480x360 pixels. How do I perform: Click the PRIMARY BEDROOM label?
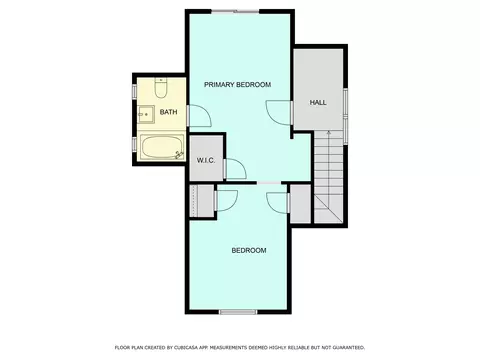coord(237,85)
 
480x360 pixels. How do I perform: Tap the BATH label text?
coord(168,112)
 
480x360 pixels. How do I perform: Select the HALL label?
coord(318,102)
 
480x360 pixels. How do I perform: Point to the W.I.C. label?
coord(206,160)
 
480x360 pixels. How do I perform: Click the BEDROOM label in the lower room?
coord(249,250)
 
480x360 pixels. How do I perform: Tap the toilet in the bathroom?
coord(161,88)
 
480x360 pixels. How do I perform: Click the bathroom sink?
coord(146,114)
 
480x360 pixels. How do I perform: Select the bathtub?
coord(162,147)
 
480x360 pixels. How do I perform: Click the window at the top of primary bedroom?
coord(236,11)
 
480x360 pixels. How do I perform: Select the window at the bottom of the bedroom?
coord(238,312)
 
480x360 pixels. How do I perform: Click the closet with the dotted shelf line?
coord(202,201)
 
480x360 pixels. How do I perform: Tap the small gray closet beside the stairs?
coord(300,203)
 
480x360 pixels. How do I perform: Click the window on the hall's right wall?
coord(346,116)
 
